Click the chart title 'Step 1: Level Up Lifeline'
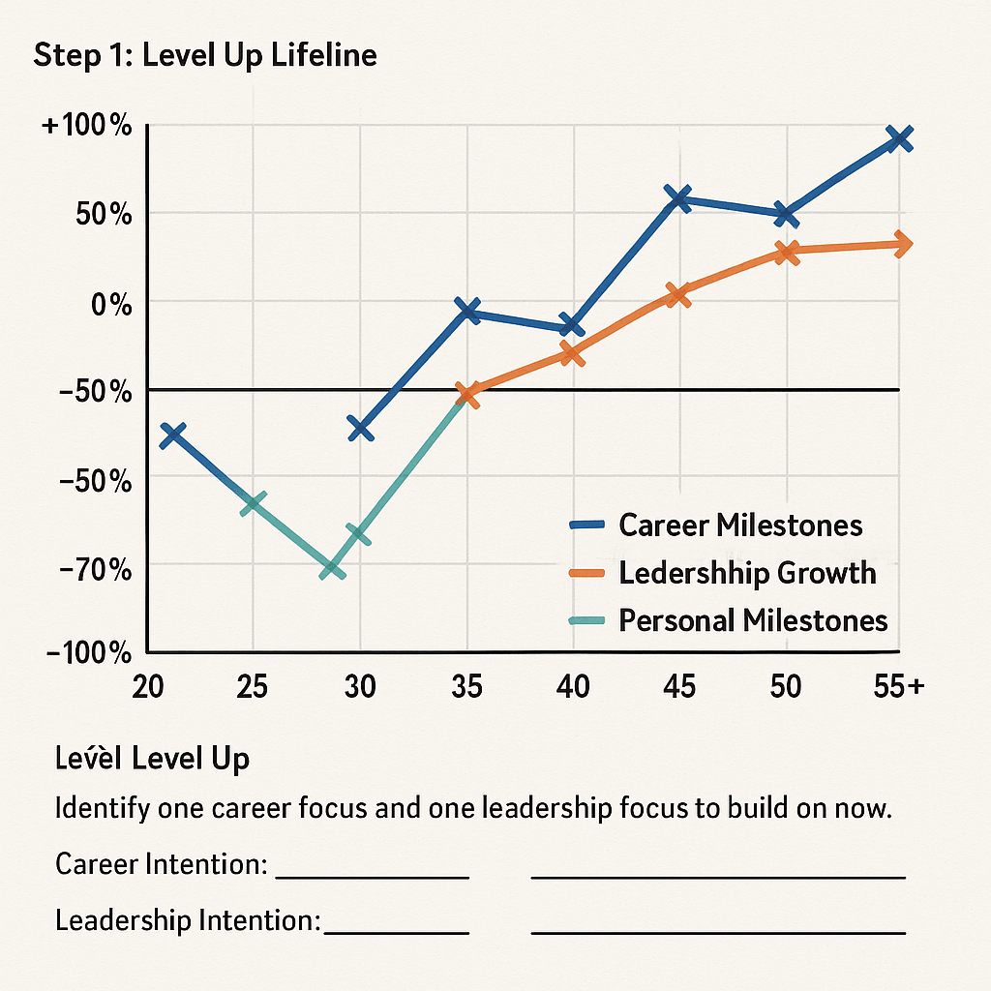tap(205, 55)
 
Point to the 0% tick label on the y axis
tap(108, 304)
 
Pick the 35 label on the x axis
tap(466, 686)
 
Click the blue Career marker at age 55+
tap(900, 138)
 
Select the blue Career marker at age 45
tap(679, 198)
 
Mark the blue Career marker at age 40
tap(572, 326)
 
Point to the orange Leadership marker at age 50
tap(787, 252)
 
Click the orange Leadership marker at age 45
tap(678, 295)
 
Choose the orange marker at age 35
tap(468, 394)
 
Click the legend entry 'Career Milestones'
tap(740, 526)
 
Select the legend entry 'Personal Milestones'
tap(753, 619)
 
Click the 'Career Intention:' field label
tap(161, 864)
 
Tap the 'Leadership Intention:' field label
tap(188, 919)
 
